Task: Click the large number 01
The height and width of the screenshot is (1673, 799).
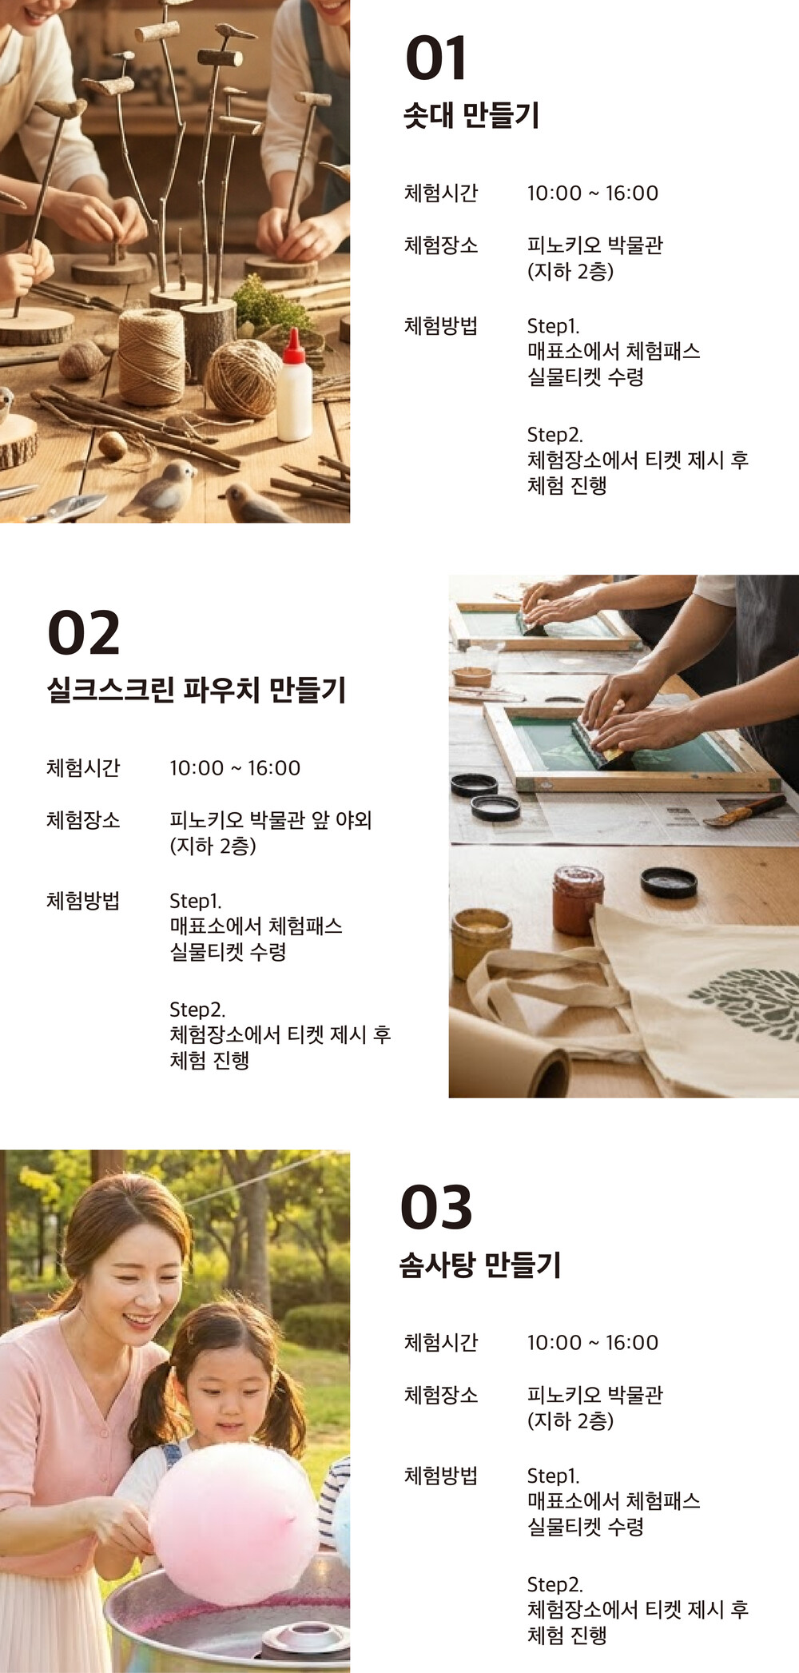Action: pyautogui.click(x=435, y=58)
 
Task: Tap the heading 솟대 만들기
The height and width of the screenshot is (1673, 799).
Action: pyautogui.click(x=471, y=116)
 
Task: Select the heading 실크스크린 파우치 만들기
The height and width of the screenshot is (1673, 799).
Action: pyautogui.click(x=197, y=690)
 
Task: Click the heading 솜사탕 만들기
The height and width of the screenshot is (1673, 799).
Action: pyautogui.click(x=480, y=1265)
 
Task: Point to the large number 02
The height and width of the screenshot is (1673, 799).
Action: pyautogui.click(x=84, y=633)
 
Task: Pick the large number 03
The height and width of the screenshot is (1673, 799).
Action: pyautogui.click(x=436, y=1208)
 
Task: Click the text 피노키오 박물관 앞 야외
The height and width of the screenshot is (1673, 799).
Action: pyautogui.click(x=271, y=820)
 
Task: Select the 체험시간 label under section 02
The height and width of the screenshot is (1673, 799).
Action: pyautogui.click(x=83, y=768)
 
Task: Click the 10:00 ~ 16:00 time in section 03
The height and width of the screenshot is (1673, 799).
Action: pyautogui.click(x=593, y=1343)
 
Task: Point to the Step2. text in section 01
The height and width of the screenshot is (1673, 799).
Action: pyautogui.click(x=555, y=435)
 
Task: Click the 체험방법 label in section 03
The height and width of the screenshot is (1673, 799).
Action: pyautogui.click(x=441, y=1476)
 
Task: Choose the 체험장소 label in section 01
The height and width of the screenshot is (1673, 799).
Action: pyautogui.click(x=441, y=245)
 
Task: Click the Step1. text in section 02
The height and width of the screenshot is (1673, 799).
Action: pyautogui.click(x=196, y=901)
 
